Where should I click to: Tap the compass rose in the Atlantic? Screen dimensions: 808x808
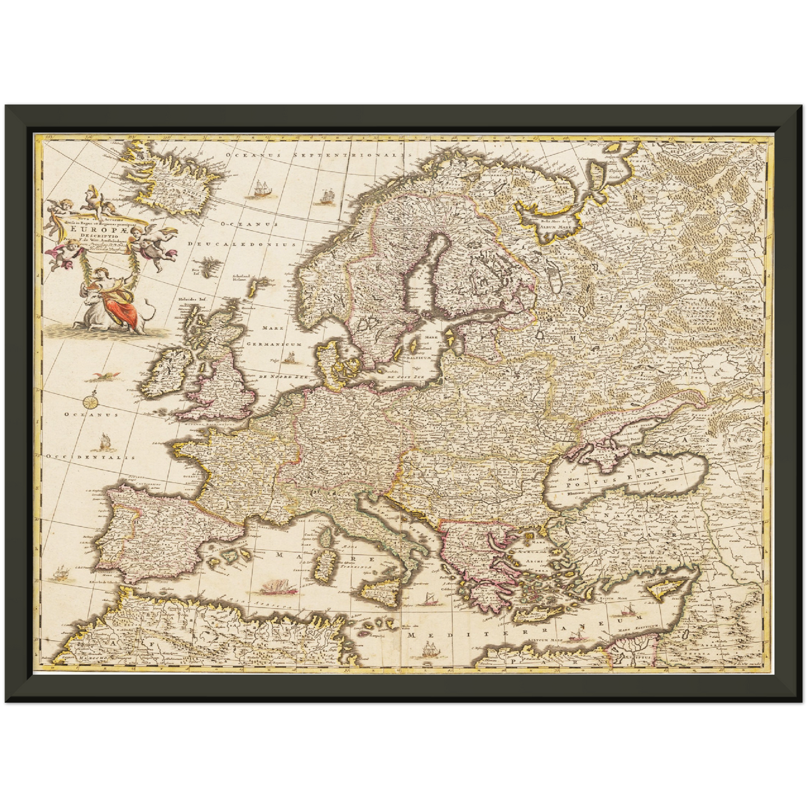(92, 400)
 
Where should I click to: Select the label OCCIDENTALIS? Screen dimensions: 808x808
(92, 457)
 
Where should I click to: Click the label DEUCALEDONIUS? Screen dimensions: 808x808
(242, 244)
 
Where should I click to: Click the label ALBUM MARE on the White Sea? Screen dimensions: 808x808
(555, 228)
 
